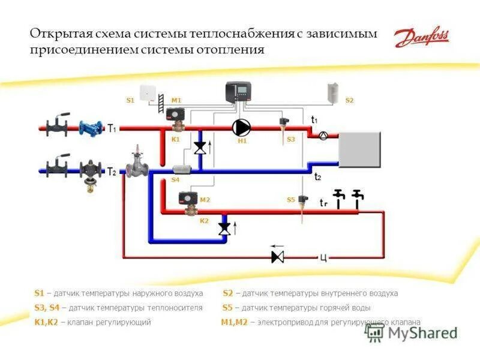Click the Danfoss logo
(x=421, y=38)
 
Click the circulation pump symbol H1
(x=242, y=127)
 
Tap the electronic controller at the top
(x=239, y=92)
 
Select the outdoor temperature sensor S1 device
(x=148, y=93)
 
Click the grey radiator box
(x=359, y=149)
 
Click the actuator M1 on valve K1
(x=176, y=114)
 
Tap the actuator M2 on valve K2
(x=190, y=198)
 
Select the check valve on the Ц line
(x=277, y=257)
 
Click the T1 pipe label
(x=112, y=127)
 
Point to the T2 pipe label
(x=112, y=172)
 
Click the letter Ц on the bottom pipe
(x=323, y=258)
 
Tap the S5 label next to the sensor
(x=290, y=200)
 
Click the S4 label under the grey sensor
(x=175, y=179)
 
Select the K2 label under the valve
(x=204, y=221)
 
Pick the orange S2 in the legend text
(x=227, y=293)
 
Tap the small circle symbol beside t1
(x=323, y=136)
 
